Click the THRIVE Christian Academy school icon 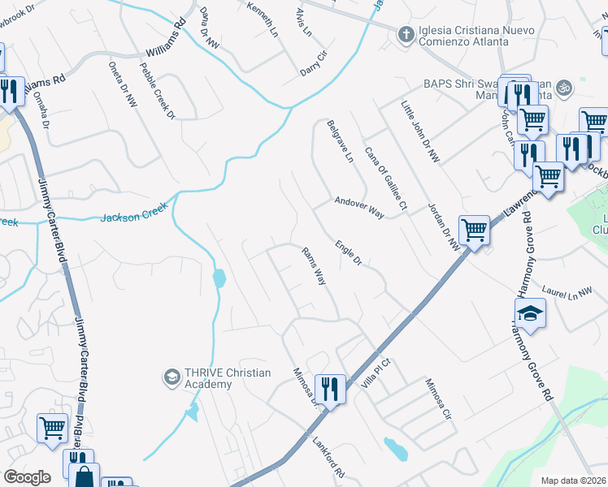172,377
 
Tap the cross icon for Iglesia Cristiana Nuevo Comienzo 405,34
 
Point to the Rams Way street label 314,265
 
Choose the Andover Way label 358,207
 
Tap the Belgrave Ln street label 340,141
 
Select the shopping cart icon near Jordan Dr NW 473,230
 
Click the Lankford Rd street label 329,457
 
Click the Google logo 27,477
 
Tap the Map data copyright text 574,481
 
